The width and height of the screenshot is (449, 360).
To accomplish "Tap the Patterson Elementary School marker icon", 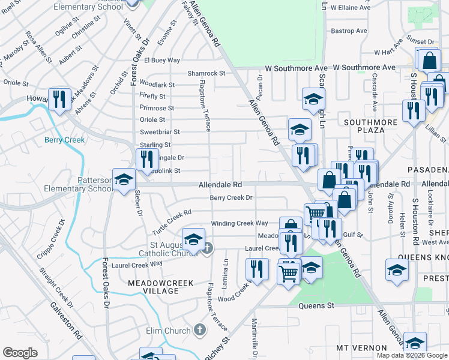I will pyautogui.click(x=124, y=181).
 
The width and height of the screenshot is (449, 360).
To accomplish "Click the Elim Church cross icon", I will pyautogui.click(x=200, y=330).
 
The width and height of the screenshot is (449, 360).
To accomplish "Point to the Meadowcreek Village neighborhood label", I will pyautogui.click(x=153, y=286).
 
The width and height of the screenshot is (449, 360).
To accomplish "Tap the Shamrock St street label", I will pyautogui.click(x=206, y=73).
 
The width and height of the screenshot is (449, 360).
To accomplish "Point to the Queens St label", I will pyautogui.click(x=316, y=305).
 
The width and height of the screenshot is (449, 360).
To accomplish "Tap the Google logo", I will pyautogui.click(x=20, y=353).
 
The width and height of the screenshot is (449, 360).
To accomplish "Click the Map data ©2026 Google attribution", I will pyautogui.click(x=412, y=355).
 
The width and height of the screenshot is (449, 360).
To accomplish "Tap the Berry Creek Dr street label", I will pyautogui.click(x=231, y=197).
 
